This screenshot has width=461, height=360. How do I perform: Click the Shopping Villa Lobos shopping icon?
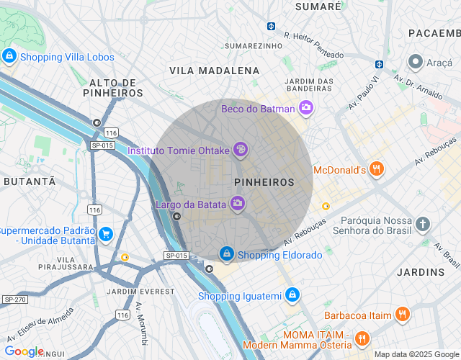pyautogui.click(x=9, y=55)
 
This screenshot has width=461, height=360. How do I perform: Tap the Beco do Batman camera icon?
pyautogui.click(x=306, y=108)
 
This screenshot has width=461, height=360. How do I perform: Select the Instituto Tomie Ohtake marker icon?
pyautogui.click(x=240, y=150)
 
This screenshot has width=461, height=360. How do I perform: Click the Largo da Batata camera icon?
pyautogui.click(x=237, y=204)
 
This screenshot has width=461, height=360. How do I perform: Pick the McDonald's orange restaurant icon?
pyautogui.click(x=375, y=170)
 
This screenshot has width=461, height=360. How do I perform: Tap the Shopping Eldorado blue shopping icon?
pyautogui.click(x=227, y=254)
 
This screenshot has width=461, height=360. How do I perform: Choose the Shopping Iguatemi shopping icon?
pyautogui.click(x=292, y=295)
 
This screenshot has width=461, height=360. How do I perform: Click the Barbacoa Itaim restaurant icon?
pyautogui.click(x=402, y=315)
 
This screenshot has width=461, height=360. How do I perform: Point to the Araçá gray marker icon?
pyautogui.click(x=416, y=63)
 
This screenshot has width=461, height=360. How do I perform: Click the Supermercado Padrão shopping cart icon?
pyautogui.click(x=106, y=234)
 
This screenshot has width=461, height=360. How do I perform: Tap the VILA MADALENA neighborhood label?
pyautogui.click(x=214, y=71)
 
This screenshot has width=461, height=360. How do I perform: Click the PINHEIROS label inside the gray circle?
pyautogui.click(x=264, y=182)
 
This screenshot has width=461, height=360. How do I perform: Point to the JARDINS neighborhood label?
pyautogui.click(x=421, y=272)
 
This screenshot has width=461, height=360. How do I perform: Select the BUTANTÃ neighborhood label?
pyautogui.click(x=30, y=181)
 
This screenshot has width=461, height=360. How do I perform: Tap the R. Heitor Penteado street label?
pyautogui.click(x=313, y=45)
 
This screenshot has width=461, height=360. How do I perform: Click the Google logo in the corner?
pyautogui.click(x=24, y=351)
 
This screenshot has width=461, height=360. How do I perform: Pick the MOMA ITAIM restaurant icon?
pyautogui.click(x=362, y=337)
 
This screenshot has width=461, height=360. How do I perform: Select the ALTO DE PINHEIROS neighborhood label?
pyautogui.click(x=113, y=88)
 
